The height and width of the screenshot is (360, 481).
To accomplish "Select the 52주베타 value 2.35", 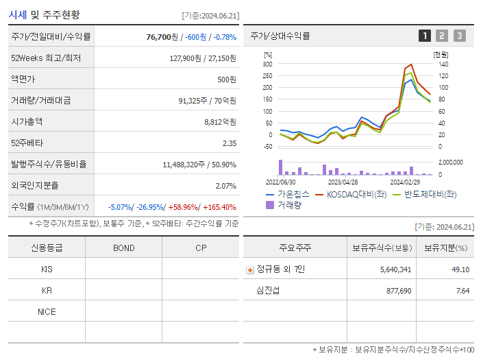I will pyautogui.click(x=229, y=143).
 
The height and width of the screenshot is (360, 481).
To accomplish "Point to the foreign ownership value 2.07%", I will pyautogui.click(x=225, y=186).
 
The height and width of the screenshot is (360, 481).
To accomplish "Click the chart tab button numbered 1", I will pyautogui.click(x=425, y=36).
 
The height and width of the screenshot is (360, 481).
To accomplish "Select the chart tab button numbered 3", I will pyautogui.click(x=459, y=36).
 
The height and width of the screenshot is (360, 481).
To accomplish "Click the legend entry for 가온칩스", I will pyautogui.click(x=288, y=194).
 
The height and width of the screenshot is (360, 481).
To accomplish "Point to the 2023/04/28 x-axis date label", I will pyautogui.click(x=343, y=182).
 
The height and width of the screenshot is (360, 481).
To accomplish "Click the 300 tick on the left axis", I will pyautogui.click(x=267, y=64).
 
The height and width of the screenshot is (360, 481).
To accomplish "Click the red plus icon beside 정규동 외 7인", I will pyautogui.click(x=249, y=269).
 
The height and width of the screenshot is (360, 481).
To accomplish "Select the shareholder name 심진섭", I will pyautogui.click(x=267, y=291).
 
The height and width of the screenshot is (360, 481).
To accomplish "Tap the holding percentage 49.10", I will pyautogui.click(x=460, y=269).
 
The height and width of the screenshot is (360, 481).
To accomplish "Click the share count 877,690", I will pyautogui.click(x=395, y=291).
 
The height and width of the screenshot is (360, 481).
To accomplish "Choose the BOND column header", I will pyautogui.click(x=123, y=248).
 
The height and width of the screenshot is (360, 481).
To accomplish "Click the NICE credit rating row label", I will pyautogui.click(x=47, y=311).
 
